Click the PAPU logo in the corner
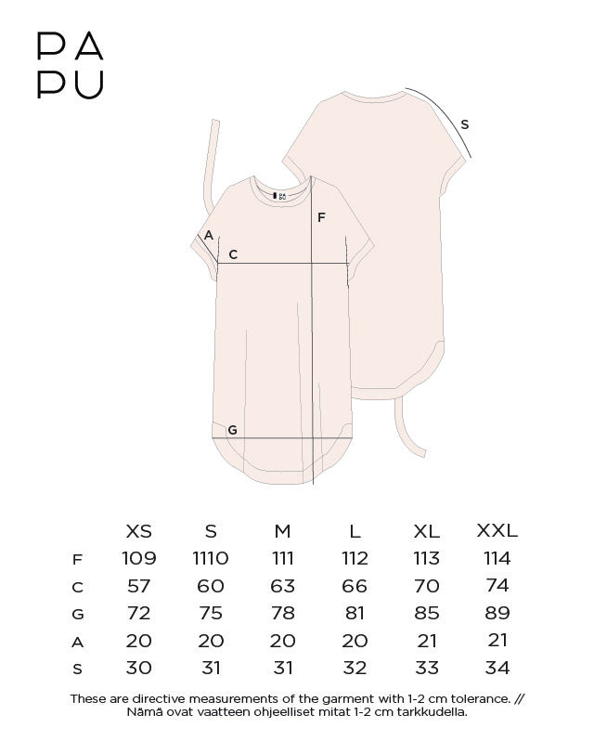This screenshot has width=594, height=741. point(71,65)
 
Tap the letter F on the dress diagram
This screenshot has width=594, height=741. point(321,217)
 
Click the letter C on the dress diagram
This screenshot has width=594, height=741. point(233,254)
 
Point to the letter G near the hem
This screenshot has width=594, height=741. point(232,430)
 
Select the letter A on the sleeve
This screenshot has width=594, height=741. point(209,235)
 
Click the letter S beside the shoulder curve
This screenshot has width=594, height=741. point(465,124)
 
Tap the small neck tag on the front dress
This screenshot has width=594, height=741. point(279,196)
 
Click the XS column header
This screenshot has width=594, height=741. point(139,532)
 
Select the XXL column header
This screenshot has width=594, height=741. point(497,531)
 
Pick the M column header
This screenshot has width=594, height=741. point(282,532)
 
